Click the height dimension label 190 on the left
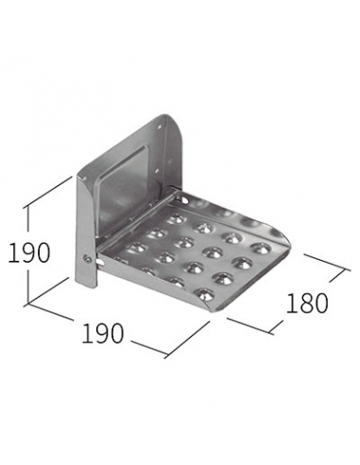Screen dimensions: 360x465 (x=28, y=252)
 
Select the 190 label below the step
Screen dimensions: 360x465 (x=102, y=333)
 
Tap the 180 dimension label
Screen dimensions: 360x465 (x=307, y=303)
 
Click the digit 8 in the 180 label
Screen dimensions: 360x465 (x=307, y=303)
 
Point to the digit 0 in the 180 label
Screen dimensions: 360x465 (x=321, y=303)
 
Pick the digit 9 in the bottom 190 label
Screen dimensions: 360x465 (x=102, y=333)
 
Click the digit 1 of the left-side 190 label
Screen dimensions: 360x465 (x=12, y=252)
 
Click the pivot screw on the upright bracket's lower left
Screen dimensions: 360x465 (x=86, y=258)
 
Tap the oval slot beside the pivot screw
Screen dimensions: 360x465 (x=100, y=262)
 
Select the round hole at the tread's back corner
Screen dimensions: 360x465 (x=181, y=198)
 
